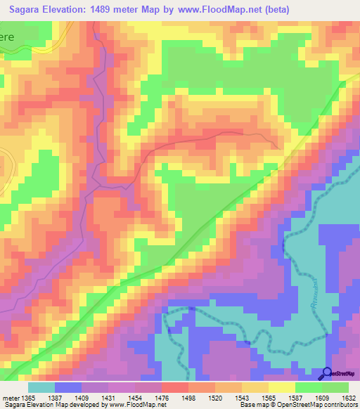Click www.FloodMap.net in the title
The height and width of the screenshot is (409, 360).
click(218, 10)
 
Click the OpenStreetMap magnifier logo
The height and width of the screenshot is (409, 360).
click(326, 373)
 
